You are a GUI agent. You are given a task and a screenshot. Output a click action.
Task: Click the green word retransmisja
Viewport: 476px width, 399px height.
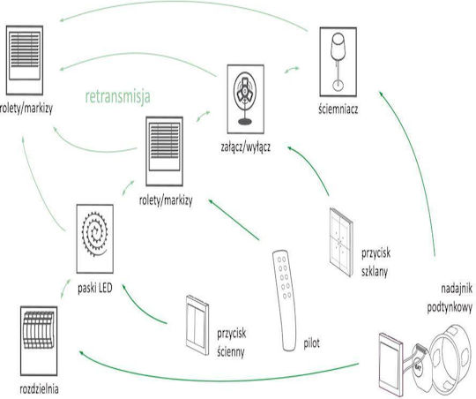point(118,97)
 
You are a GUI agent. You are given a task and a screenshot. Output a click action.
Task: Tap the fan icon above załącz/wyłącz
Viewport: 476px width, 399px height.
point(246,99)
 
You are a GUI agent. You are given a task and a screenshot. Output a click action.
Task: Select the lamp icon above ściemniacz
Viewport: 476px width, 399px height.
point(338,62)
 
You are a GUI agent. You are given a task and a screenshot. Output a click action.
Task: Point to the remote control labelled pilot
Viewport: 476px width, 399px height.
point(285,300)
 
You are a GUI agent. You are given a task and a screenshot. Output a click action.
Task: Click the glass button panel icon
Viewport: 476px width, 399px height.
point(341,242)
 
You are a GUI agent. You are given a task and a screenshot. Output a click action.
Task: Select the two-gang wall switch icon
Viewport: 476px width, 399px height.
point(197,325)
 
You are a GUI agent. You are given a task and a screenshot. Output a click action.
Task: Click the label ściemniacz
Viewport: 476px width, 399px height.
point(338,109)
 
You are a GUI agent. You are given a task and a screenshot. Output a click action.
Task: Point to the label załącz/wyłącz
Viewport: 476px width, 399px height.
point(246,147)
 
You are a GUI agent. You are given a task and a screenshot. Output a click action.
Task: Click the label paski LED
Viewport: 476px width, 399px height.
point(95,288)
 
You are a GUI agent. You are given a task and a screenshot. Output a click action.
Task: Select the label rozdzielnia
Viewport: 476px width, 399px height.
point(39,389)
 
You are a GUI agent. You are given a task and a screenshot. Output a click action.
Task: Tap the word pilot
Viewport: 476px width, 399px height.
point(312,343)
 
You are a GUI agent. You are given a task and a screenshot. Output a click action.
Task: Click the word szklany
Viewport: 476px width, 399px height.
point(375,271)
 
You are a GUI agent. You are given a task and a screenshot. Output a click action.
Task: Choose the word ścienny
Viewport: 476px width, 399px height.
point(231,352)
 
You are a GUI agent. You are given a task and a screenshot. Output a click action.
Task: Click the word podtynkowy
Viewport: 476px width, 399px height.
point(450,308)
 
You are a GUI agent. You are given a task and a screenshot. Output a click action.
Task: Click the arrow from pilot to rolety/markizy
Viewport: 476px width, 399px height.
point(234,220)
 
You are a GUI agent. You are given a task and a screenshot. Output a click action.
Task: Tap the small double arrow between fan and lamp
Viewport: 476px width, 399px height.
point(292,70)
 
